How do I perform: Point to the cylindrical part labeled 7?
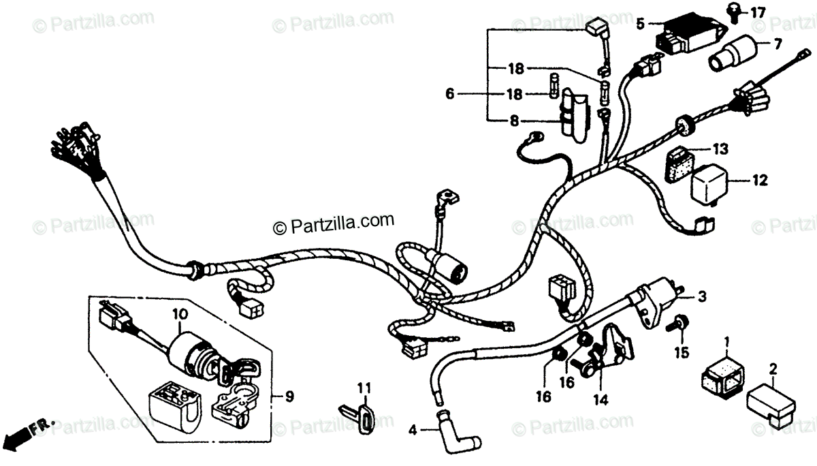tap(732, 54)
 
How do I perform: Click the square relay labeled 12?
tap(711, 181)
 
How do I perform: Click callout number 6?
tap(449, 94)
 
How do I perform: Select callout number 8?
tap(514, 121)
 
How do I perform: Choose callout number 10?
tap(179, 315)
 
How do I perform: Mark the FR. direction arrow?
tap(27, 431)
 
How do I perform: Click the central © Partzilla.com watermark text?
tap(334, 222)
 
